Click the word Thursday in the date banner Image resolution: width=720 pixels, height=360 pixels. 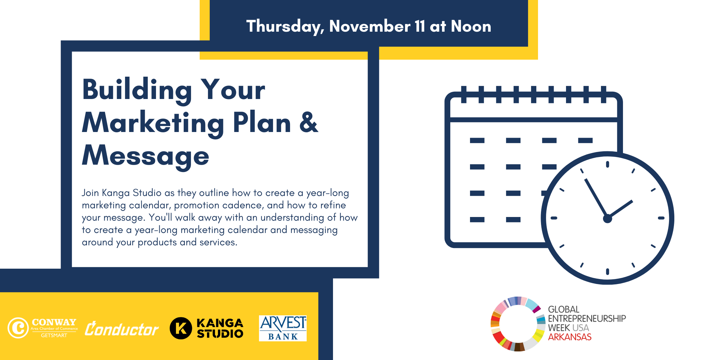click(x=285, y=27)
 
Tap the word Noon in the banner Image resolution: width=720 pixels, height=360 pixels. click(x=471, y=26)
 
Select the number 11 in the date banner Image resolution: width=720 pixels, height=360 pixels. click(x=420, y=26)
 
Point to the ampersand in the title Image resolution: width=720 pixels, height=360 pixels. click(x=309, y=122)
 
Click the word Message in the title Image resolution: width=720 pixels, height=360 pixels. click(x=146, y=156)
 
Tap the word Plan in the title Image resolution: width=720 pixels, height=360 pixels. click(x=262, y=122)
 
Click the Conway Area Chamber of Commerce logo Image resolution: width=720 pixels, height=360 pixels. click(x=43, y=328)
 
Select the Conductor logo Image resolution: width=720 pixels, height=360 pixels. click(x=122, y=329)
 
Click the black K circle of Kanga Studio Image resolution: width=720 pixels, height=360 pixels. click(x=181, y=328)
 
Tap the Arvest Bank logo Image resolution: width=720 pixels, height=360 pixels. click(x=283, y=328)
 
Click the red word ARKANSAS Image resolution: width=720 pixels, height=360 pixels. click(x=570, y=337)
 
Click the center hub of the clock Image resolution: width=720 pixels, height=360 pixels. click(x=607, y=219)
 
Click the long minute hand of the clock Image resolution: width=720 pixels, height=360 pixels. click(x=596, y=199)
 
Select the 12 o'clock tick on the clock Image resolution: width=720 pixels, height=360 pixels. click(x=607, y=164)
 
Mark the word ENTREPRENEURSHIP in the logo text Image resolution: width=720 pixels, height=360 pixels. click(x=587, y=319)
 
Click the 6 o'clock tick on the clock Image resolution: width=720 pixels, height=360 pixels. click(x=607, y=272)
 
